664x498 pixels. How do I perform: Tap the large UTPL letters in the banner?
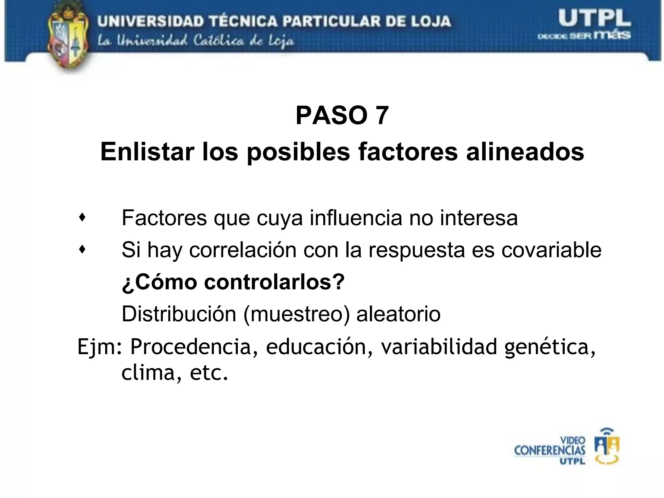click(x=594, y=19)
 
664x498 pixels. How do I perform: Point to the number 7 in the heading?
click(x=382, y=116)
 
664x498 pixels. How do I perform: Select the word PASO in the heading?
click(x=331, y=116)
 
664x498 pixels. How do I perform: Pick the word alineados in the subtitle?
click(x=525, y=152)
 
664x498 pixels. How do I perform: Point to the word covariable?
click(x=551, y=250)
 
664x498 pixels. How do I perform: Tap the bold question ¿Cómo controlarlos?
click(x=233, y=282)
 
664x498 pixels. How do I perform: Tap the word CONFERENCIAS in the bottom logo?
click(x=550, y=451)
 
